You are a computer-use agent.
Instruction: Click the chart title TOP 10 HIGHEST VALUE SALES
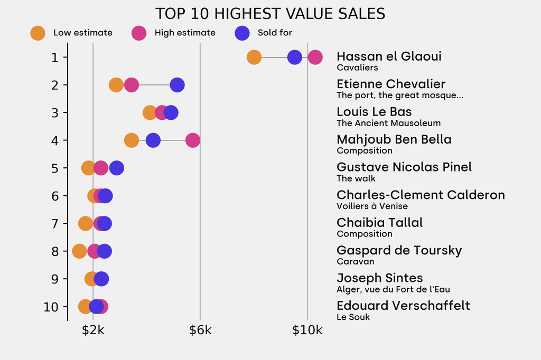pyautogui.click(x=270, y=14)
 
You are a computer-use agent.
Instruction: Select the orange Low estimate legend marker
pyautogui.click(x=38, y=33)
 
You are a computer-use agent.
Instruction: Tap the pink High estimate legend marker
pyautogui.click(x=139, y=33)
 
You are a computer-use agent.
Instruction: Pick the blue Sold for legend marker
pyautogui.click(x=241, y=33)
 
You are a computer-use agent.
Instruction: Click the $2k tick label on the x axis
pyautogui.click(x=93, y=331)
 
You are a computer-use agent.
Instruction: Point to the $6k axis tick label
pyautogui.click(x=200, y=331)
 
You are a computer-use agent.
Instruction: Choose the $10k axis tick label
pyautogui.click(x=307, y=331)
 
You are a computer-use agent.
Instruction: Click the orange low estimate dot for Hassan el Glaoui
pyautogui.click(x=254, y=57)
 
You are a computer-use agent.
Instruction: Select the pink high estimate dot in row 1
pyautogui.click(x=315, y=57)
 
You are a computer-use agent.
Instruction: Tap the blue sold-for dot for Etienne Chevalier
pyautogui.click(x=177, y=85)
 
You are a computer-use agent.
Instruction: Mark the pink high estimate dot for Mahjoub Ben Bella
pyautogui.click(x=193, y=140)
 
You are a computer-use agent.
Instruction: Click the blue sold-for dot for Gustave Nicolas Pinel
pyautogui.click(x=116, y=168)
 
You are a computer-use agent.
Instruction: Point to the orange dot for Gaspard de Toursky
pyautogui.click(x=79, y=251)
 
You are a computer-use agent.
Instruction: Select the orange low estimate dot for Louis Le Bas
pyautogui.click(x=150, y=112)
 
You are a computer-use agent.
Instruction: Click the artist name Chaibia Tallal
pyautogui.click(x=379, y=223)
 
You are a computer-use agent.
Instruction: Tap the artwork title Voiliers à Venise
pyautogui.click(x=372, y=206)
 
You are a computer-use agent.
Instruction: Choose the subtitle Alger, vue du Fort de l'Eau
pyautogui.click(x=393, y=289)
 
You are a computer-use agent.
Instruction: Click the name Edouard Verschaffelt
pyautogui.click(x=403, y=306)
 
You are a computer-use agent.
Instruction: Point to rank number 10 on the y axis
pyautogui.click(x=51, y=307)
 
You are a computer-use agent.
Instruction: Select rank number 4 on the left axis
pyautogui.click(x=55, y=140)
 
